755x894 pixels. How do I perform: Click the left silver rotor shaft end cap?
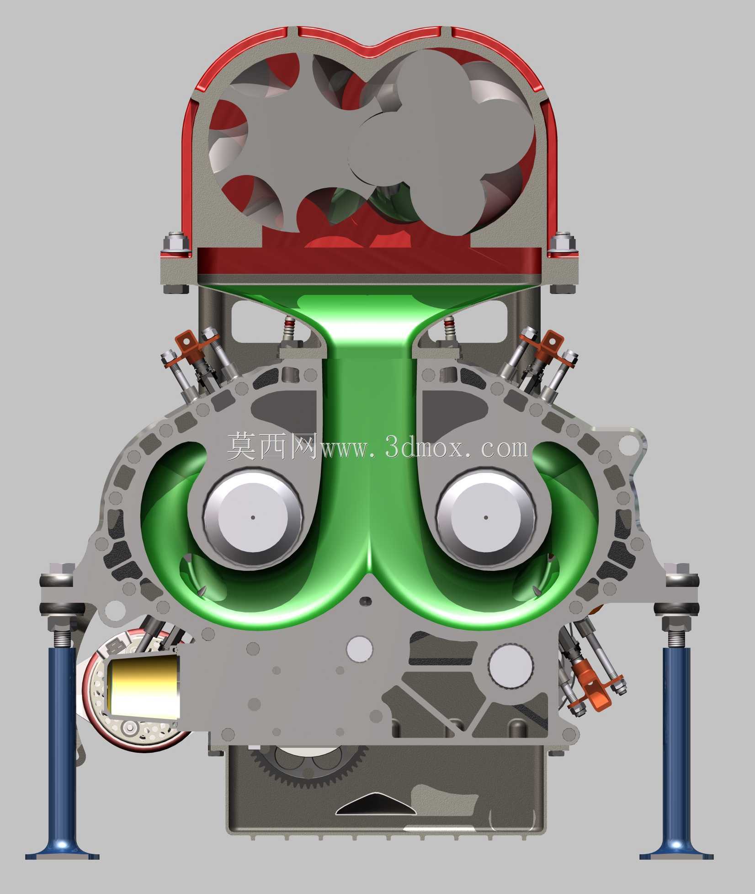(x=253, y=518)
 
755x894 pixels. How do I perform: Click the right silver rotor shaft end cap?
(x=485, y=518)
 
